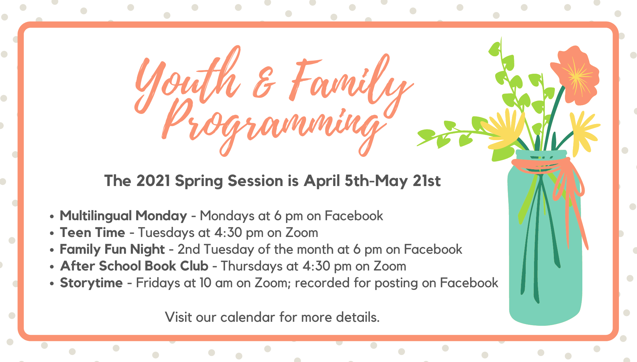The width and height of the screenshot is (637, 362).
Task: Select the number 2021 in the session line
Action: [153, 181]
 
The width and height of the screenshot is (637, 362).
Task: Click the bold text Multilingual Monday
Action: [123, 216]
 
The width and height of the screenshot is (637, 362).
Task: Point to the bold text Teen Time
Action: [93, 233]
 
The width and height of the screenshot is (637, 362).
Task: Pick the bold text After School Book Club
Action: [134, 266]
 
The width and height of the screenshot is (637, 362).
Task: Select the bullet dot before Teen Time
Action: [52, 233]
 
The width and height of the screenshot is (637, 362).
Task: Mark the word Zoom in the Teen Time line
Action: [301, 233]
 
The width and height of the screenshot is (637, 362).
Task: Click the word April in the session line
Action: [322, 181]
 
